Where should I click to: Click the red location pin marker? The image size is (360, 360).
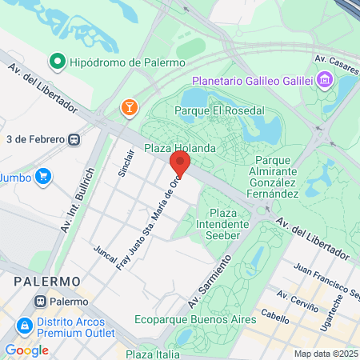[180, 165]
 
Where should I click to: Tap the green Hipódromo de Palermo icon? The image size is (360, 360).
[58, 60]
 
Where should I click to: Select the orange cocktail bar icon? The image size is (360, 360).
[128, 107]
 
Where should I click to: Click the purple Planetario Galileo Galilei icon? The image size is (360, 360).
[324, 80]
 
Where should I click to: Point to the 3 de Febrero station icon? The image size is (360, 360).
[74, 138]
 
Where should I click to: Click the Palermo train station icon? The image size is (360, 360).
[41, 302]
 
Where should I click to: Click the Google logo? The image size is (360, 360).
[26, 350]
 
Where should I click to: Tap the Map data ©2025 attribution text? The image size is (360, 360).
[325, 354]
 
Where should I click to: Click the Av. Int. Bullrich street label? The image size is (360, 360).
[78, 200]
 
